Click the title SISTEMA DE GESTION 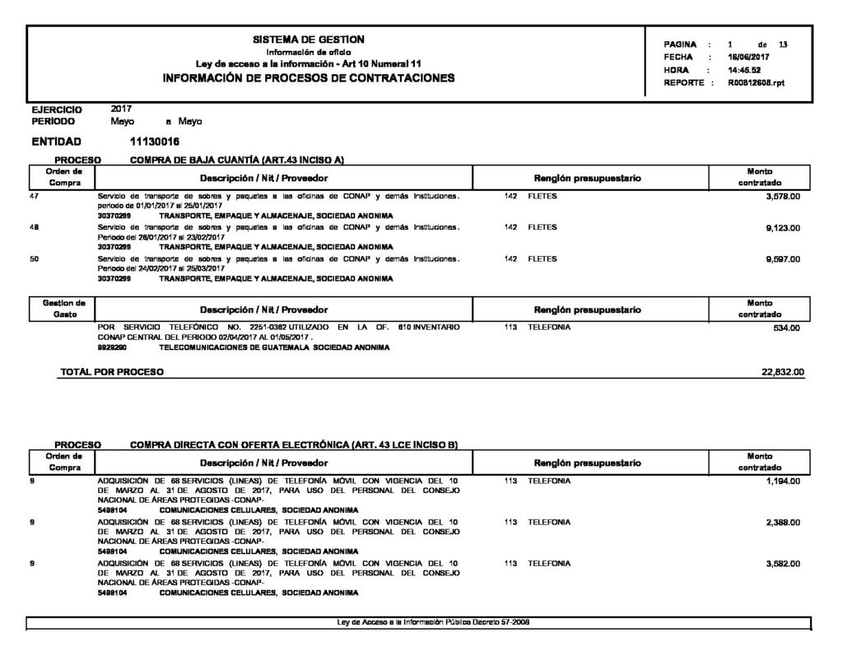[309, 40]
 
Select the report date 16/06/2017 [748, 58]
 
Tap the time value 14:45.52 [745, 71]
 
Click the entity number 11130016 [155, 142]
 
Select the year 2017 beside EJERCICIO [121, 109]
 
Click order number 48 [34, 228]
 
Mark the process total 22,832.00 [784, 373]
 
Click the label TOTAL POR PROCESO [112, 373]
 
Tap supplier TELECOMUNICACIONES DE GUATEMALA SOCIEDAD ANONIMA [274, 348]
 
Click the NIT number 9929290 [111, 348]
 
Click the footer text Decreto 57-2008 [501, 621]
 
